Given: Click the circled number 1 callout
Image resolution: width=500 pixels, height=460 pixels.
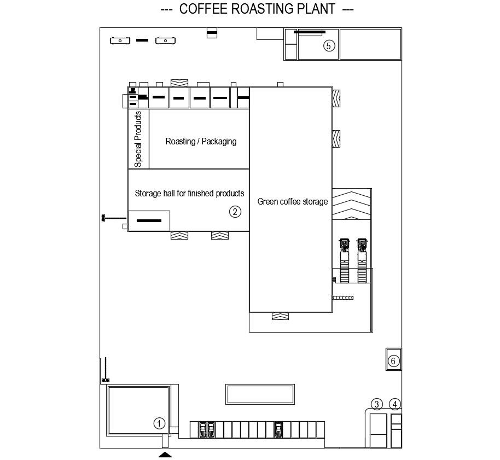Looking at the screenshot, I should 159,423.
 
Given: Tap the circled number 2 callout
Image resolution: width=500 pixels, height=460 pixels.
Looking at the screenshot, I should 235,212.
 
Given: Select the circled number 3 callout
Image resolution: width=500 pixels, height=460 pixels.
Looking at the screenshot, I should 376,404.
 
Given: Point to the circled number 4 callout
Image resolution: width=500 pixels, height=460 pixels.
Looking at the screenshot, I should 395,404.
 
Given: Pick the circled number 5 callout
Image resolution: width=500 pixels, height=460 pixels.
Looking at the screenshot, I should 328,45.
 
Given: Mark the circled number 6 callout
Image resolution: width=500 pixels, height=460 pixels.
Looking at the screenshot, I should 392,360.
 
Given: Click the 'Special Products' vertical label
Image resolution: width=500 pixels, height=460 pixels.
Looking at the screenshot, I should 138,139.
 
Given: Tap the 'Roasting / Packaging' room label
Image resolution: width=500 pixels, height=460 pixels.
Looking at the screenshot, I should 201,141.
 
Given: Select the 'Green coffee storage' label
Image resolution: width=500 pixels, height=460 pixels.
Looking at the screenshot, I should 293,202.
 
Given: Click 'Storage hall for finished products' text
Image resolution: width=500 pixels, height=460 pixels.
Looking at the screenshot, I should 189,193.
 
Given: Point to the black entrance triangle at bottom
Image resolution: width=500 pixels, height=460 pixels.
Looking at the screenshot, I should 165,454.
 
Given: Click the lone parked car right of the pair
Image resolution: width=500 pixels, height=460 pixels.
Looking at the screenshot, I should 279,429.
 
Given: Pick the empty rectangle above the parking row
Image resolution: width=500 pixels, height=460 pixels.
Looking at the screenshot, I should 260,394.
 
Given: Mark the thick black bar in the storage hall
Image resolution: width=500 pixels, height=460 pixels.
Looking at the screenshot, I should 149,220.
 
